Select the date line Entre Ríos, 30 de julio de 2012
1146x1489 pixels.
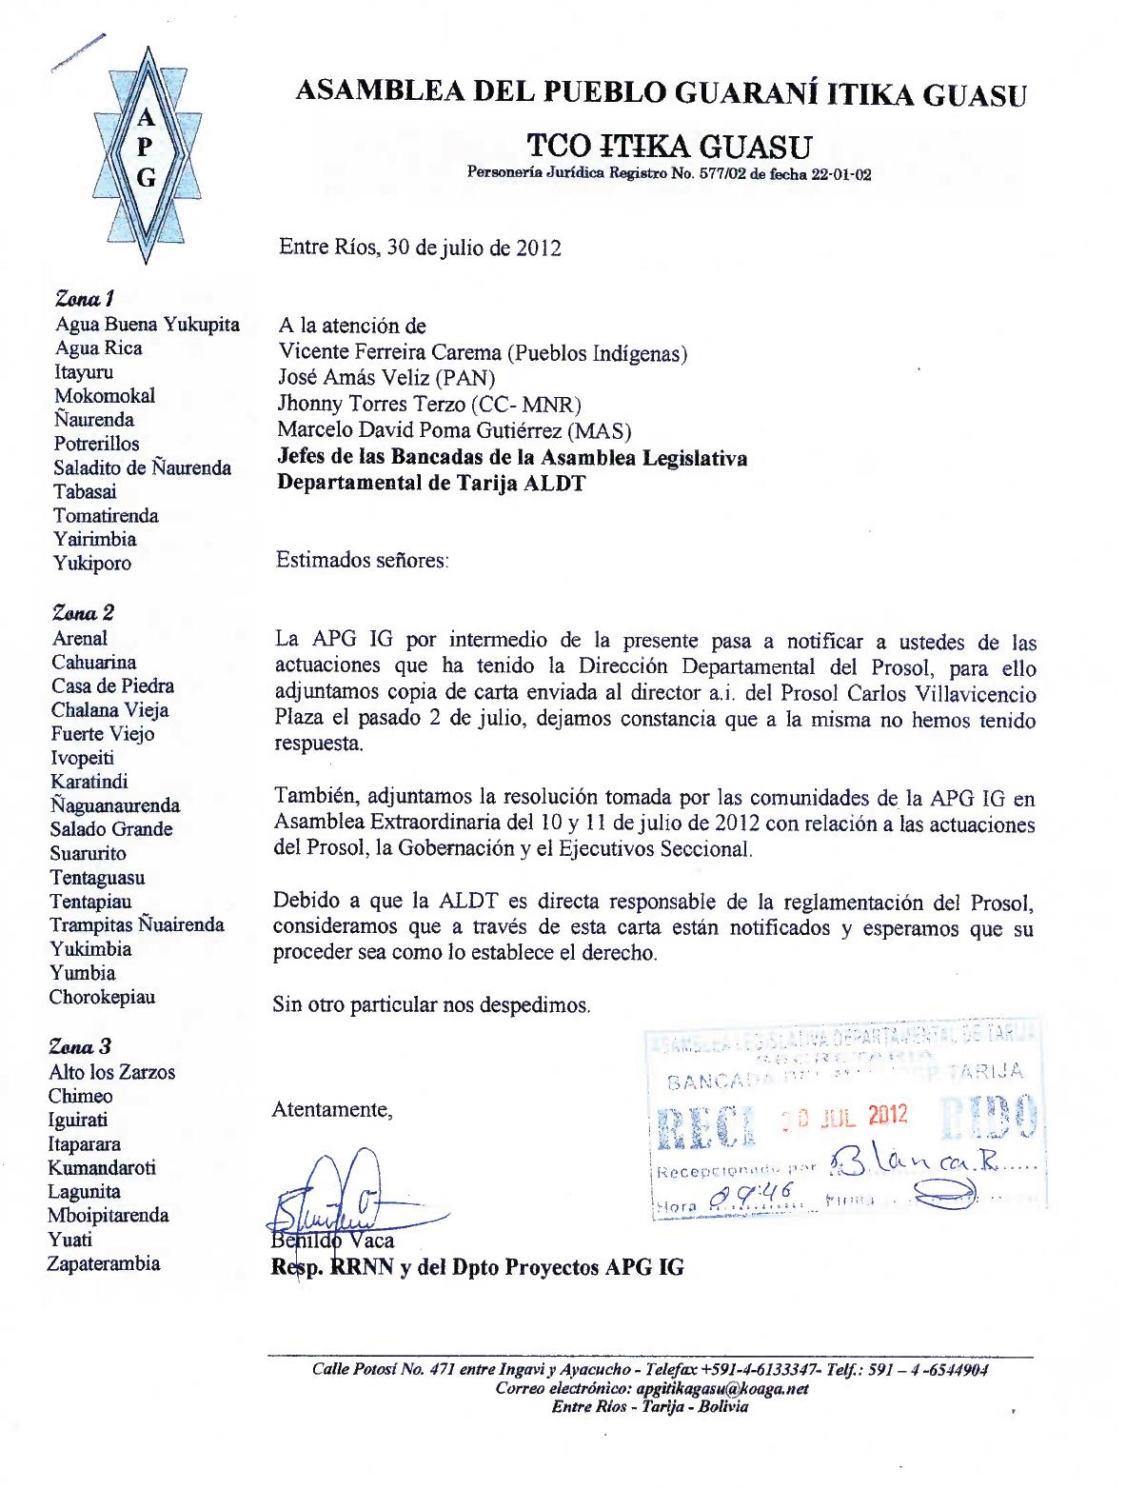click(420, 248)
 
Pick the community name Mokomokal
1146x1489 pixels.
click(105, 396)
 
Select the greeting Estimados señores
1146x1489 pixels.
click(362, 560)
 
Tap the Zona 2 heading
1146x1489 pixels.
click(83, 612)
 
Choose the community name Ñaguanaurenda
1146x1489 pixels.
click(114, 805)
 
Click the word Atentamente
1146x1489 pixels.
click(331, 1109)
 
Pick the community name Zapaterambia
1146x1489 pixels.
click(104, 1264)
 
